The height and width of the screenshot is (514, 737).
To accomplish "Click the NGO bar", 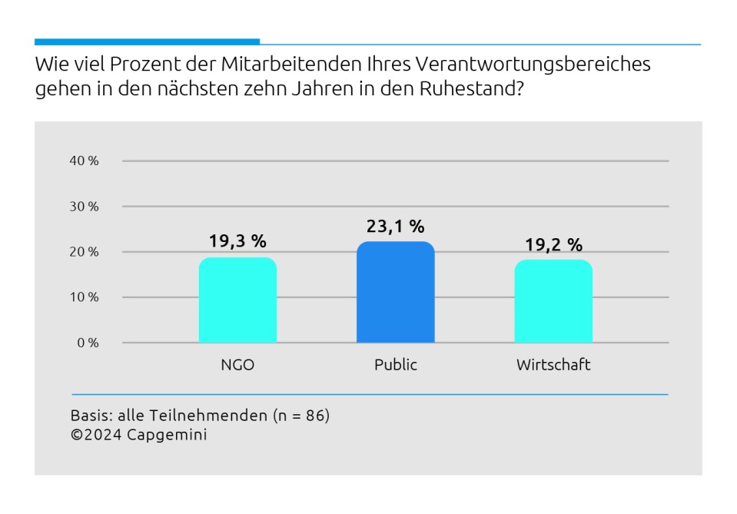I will (237, 300).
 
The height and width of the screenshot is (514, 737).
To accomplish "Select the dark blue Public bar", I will (395, 293).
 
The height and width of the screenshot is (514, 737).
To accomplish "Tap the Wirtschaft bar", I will (553, 301).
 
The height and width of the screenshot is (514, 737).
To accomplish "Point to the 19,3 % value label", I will (237, 241).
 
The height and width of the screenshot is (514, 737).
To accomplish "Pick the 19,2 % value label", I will (553, 245).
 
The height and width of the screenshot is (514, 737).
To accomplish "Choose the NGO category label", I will (237, 365).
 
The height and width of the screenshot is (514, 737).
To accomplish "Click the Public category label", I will (395, 365).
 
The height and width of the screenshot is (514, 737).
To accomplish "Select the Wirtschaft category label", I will (553, 365).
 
